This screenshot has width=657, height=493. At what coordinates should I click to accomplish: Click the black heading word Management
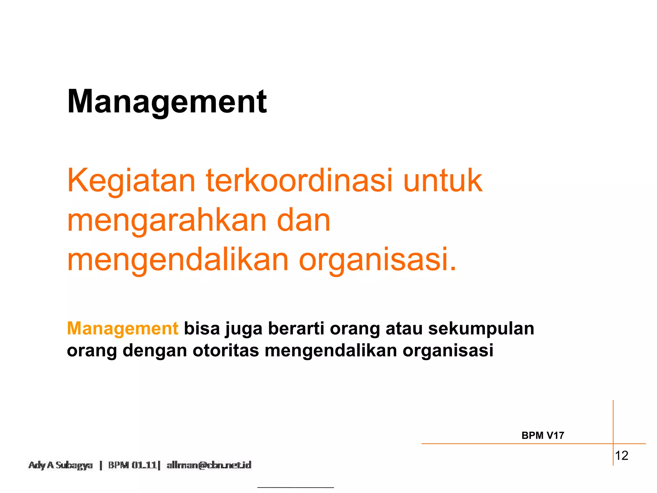(x=167, y=102)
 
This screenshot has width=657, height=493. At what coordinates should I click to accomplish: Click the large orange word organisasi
(x=377, y=261)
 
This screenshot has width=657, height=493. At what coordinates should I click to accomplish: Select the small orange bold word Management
(x=123, y=329)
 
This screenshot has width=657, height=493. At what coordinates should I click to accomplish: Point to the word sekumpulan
(x=481, y=329)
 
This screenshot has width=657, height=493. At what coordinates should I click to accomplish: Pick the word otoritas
(x=226, y=350)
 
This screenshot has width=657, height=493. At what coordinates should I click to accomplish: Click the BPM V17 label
(x=543, y=436)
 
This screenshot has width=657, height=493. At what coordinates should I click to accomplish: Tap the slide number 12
(x=621, y=456)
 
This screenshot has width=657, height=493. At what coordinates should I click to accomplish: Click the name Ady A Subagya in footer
(x=61, y=465)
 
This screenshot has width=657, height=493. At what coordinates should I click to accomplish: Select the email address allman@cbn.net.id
(x=209, y=465)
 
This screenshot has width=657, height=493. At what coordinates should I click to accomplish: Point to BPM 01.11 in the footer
(x=132, y=465)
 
